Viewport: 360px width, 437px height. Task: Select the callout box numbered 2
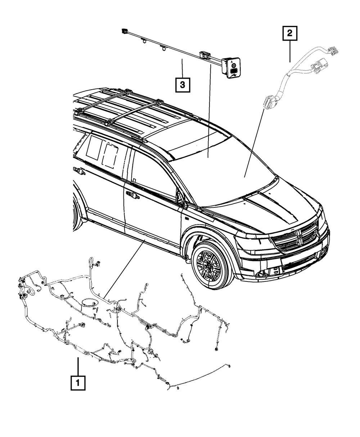point(290,35)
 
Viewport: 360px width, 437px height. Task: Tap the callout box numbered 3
point(183,85)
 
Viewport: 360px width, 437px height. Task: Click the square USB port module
point(231,69)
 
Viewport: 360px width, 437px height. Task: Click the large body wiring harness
point(119,324)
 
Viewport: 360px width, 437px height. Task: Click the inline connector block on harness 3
point(204,55)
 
